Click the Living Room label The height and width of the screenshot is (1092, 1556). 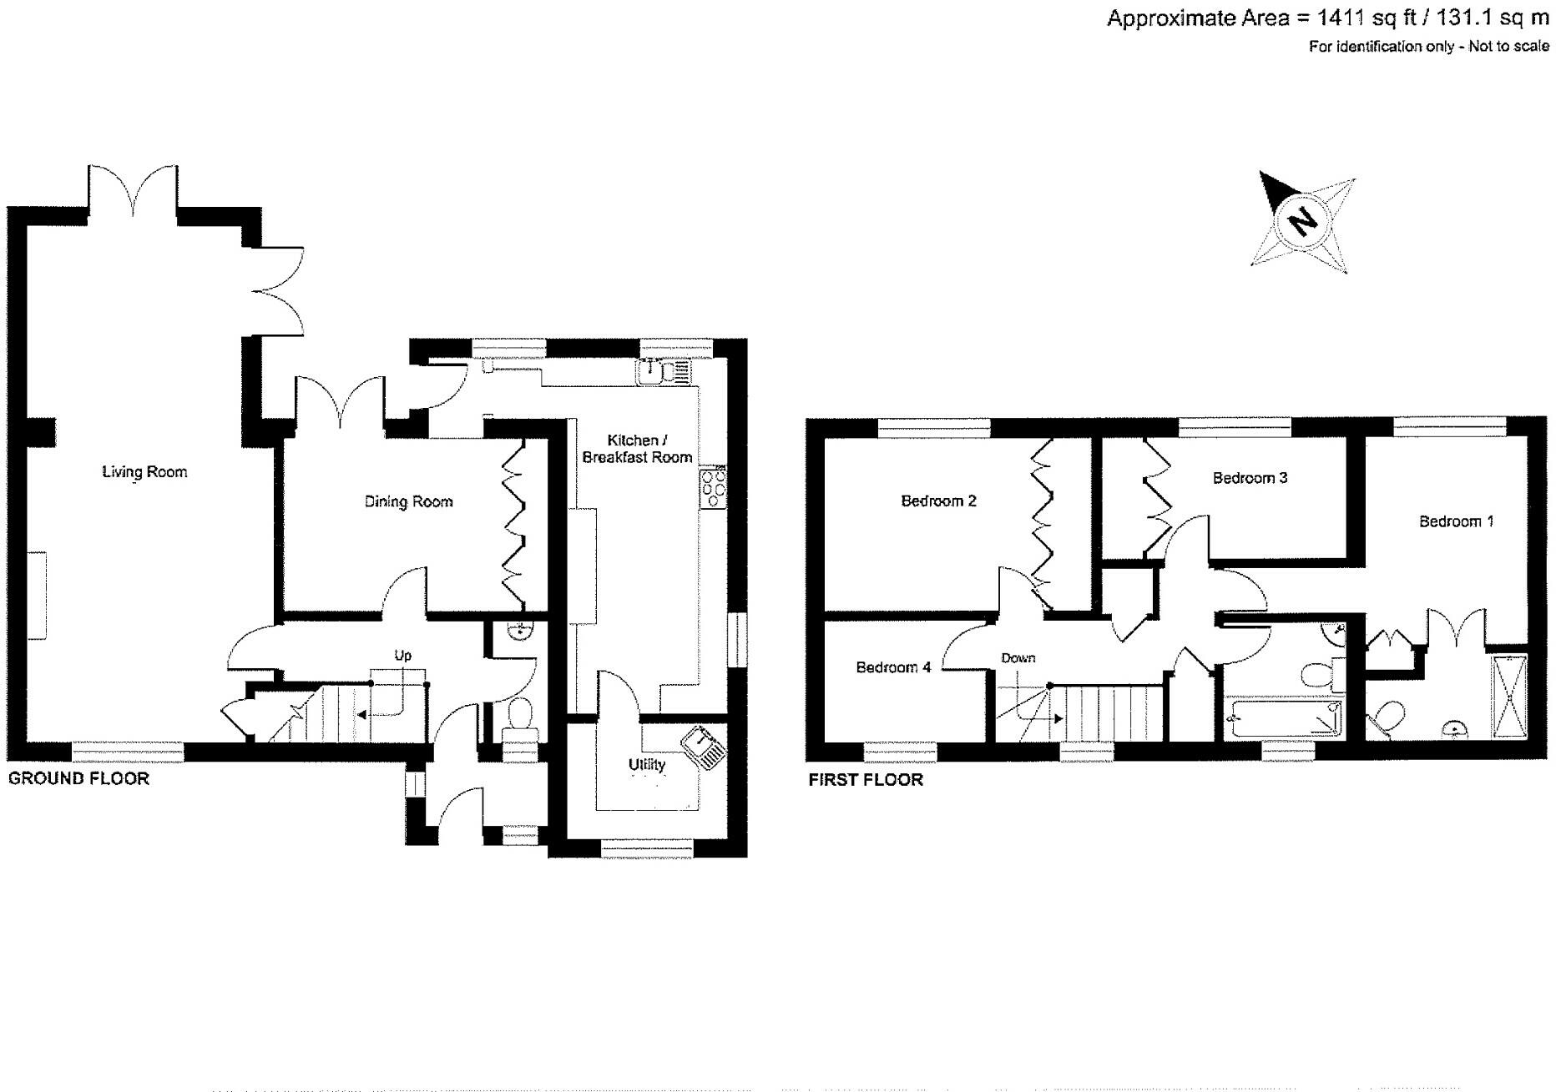coord(144,472)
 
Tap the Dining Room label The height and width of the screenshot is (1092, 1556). coord(408,501)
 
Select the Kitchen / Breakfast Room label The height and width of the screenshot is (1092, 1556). coord(637,449)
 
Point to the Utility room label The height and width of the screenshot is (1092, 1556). coord(647,764)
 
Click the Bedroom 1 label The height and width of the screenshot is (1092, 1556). coord(1456,521)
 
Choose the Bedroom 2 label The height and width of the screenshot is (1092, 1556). coord(938,501)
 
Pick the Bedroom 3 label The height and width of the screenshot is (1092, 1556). coord(1250,478)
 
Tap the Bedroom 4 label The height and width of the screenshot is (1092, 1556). coord(893,667)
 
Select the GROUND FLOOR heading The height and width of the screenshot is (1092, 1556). coord(78,778)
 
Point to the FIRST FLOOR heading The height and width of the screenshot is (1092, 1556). coord(866,780)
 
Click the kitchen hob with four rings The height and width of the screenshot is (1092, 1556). coord(714,488)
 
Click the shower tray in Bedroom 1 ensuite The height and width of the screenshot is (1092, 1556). coord(1509,697)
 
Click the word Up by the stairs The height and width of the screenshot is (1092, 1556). coord(402,656)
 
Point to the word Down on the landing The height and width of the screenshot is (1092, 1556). coord(1018,658)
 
